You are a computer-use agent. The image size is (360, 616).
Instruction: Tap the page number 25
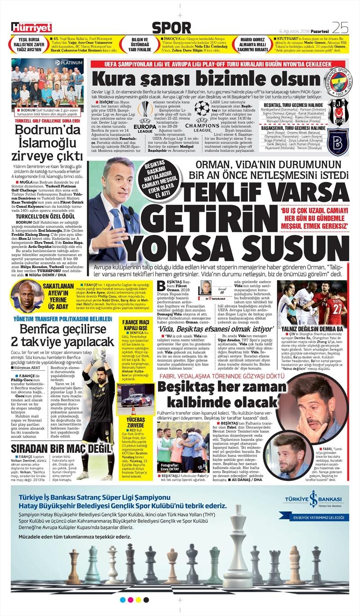(x=340, y=28)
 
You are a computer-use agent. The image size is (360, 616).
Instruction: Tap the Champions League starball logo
(x=202, y=111)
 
